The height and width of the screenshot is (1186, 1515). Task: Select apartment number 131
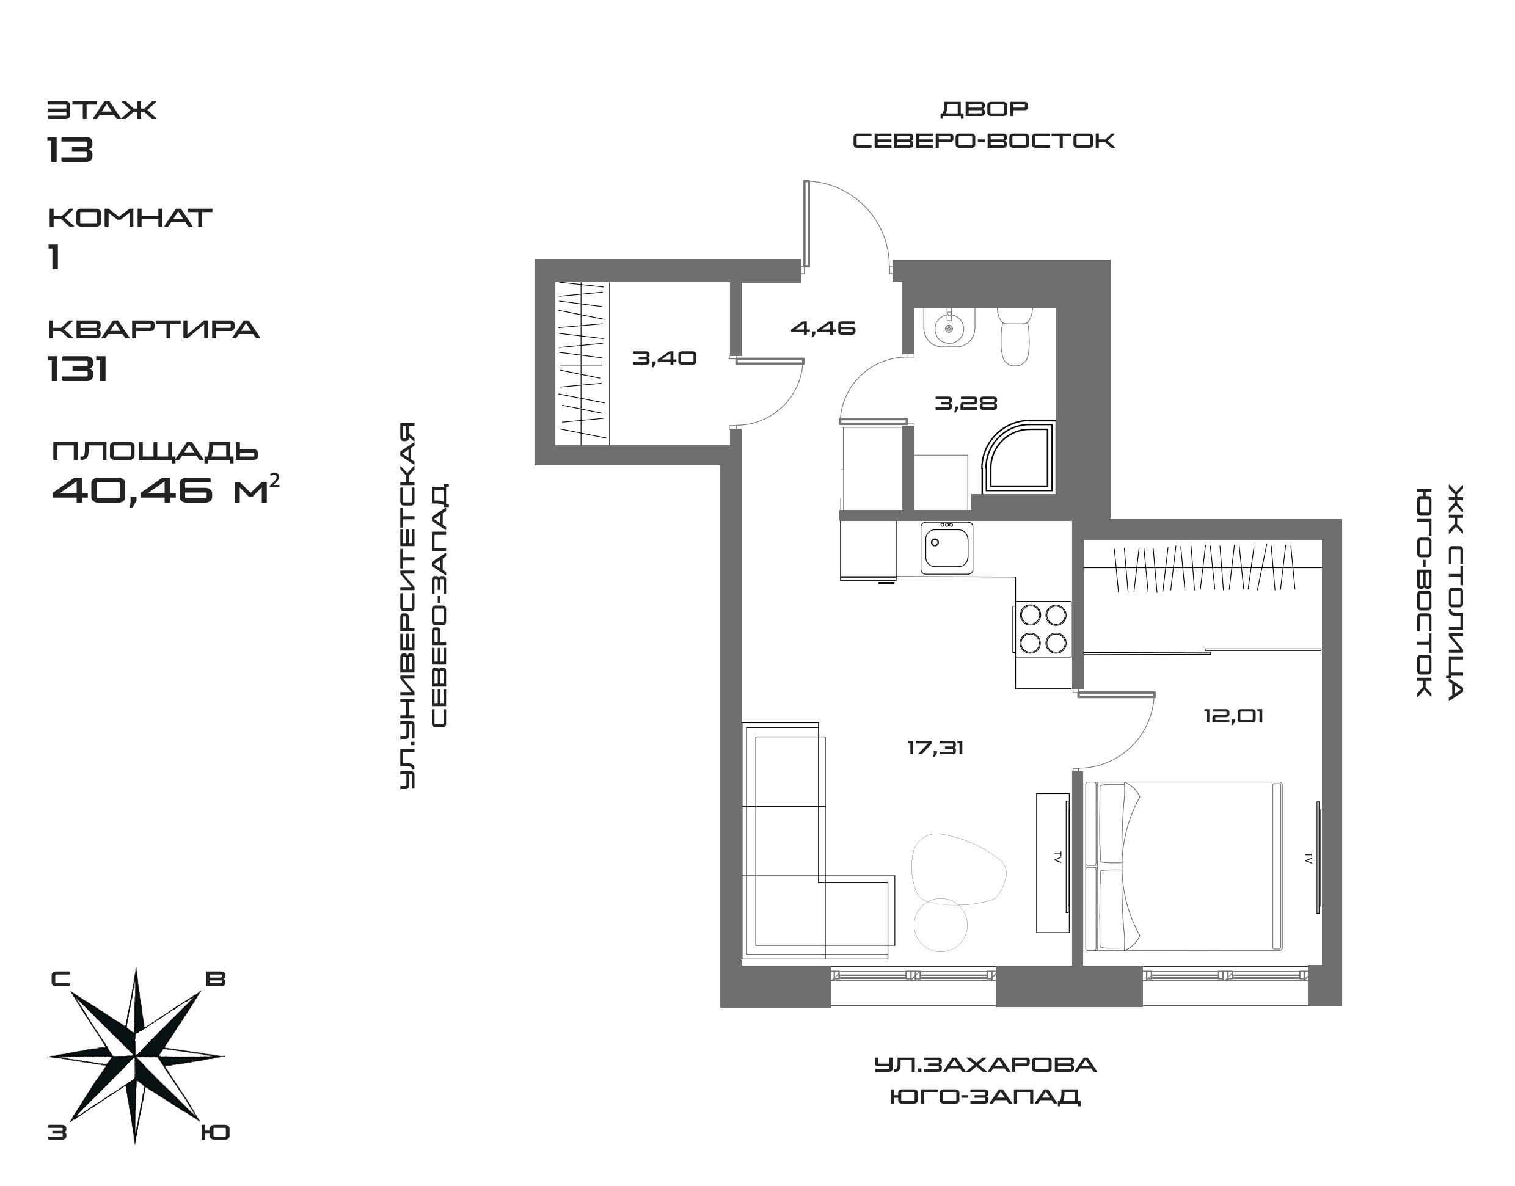point(77,369)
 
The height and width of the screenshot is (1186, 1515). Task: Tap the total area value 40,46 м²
point(166,490)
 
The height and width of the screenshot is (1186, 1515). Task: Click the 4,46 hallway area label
point(823,328)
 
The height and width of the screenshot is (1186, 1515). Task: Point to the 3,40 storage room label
point(664,358)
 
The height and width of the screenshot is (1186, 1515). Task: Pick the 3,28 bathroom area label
point(966,402)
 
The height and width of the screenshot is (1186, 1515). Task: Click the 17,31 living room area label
point(935,748)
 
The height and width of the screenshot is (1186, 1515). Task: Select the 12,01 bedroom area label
point(1233,715)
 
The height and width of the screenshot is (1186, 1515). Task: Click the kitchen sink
point(947,548)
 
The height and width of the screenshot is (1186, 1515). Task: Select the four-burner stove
point(1043,629)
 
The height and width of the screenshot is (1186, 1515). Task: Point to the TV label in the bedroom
point(1308,857)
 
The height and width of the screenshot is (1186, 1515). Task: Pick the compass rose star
point(136,1056)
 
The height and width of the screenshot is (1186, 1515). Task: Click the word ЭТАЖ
point(101,110)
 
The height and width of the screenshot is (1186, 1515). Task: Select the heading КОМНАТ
point(129,217)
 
